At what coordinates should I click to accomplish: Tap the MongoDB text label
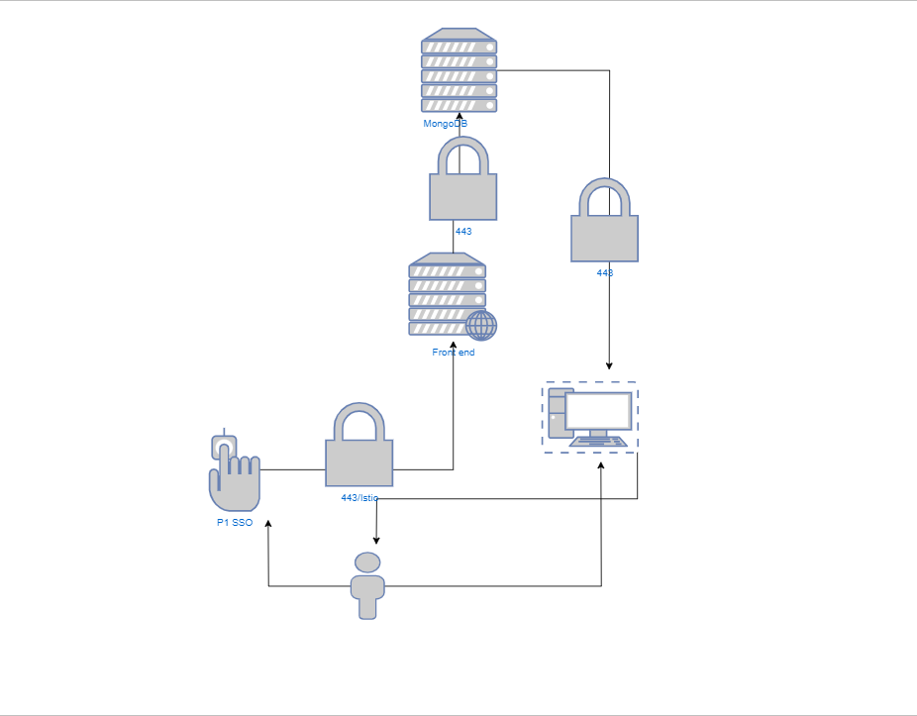[445, 124]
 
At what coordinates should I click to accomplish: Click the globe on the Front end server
[481, 325]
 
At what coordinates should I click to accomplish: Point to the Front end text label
[454, 353]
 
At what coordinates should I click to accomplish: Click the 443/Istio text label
[359, 498]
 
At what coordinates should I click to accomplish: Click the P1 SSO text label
[235, 523]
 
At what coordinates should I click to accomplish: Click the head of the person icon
[367, 563]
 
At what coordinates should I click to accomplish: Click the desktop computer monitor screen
[597, 411]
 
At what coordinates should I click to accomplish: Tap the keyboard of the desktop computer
[598, 442]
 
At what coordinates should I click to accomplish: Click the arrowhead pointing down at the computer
[609, 365]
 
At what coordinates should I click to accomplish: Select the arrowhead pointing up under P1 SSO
[268, 522]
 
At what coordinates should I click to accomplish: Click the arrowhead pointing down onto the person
[376, 541]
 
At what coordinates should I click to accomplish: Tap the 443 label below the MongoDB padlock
[463, 231]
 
